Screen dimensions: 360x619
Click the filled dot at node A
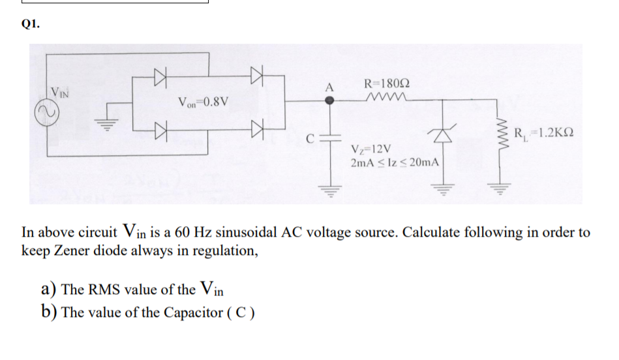click(330, 100)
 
